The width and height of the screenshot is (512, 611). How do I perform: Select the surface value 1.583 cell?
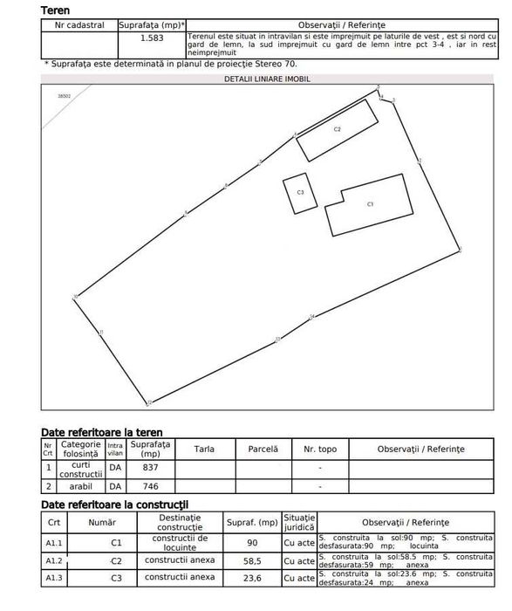[152, 38]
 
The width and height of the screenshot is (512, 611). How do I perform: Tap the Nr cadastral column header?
[80, 26]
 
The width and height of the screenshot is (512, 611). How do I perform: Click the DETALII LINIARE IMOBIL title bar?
[268, 79]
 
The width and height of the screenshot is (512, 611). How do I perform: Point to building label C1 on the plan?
[371, 203]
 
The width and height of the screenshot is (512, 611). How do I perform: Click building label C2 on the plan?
[337, 128]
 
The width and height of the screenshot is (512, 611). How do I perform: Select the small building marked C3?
[299, 192]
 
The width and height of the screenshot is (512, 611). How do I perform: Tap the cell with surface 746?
[150, 486]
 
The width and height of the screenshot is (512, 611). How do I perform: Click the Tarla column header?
[204, 449]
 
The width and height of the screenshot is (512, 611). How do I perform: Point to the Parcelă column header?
[263, 449]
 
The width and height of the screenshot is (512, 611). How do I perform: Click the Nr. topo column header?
[319, 449]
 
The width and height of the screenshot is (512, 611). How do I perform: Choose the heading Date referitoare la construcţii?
[114, 504]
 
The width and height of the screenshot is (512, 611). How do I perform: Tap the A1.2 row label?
[54, 560]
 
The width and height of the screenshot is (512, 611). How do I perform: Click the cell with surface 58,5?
[251, 560]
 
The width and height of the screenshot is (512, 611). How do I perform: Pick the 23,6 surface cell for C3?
[251, 578]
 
